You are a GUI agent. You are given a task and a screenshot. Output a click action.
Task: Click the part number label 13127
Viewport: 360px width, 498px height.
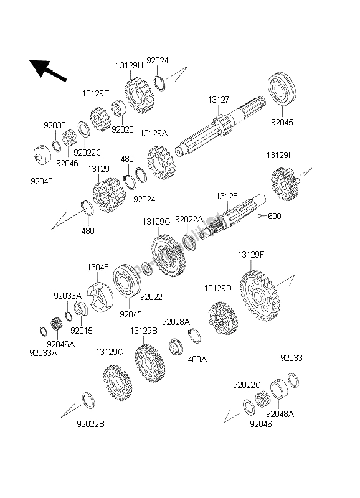(x=218, y=100)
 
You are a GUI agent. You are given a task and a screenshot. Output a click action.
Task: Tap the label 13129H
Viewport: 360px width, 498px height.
(x=130, y=66)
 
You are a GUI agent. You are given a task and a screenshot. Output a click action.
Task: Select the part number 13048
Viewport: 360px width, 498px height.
(x=98, y=267)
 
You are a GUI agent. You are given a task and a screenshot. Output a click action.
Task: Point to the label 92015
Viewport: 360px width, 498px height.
(x=82, y=331)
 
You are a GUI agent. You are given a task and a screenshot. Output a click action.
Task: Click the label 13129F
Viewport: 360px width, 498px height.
(x=251, y=255)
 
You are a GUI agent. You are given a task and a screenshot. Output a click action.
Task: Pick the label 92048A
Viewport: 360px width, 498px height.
(x=280, y=414)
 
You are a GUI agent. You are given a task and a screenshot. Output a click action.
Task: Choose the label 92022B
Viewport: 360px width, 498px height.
(x=90, y=424)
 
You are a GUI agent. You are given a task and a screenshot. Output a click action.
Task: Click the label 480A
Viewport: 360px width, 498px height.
(x=197, y=359)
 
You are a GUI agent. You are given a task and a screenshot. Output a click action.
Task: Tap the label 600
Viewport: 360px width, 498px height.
(x=275, y=216)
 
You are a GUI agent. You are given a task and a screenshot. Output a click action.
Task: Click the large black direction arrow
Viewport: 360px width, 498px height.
(x=48, y=70)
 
